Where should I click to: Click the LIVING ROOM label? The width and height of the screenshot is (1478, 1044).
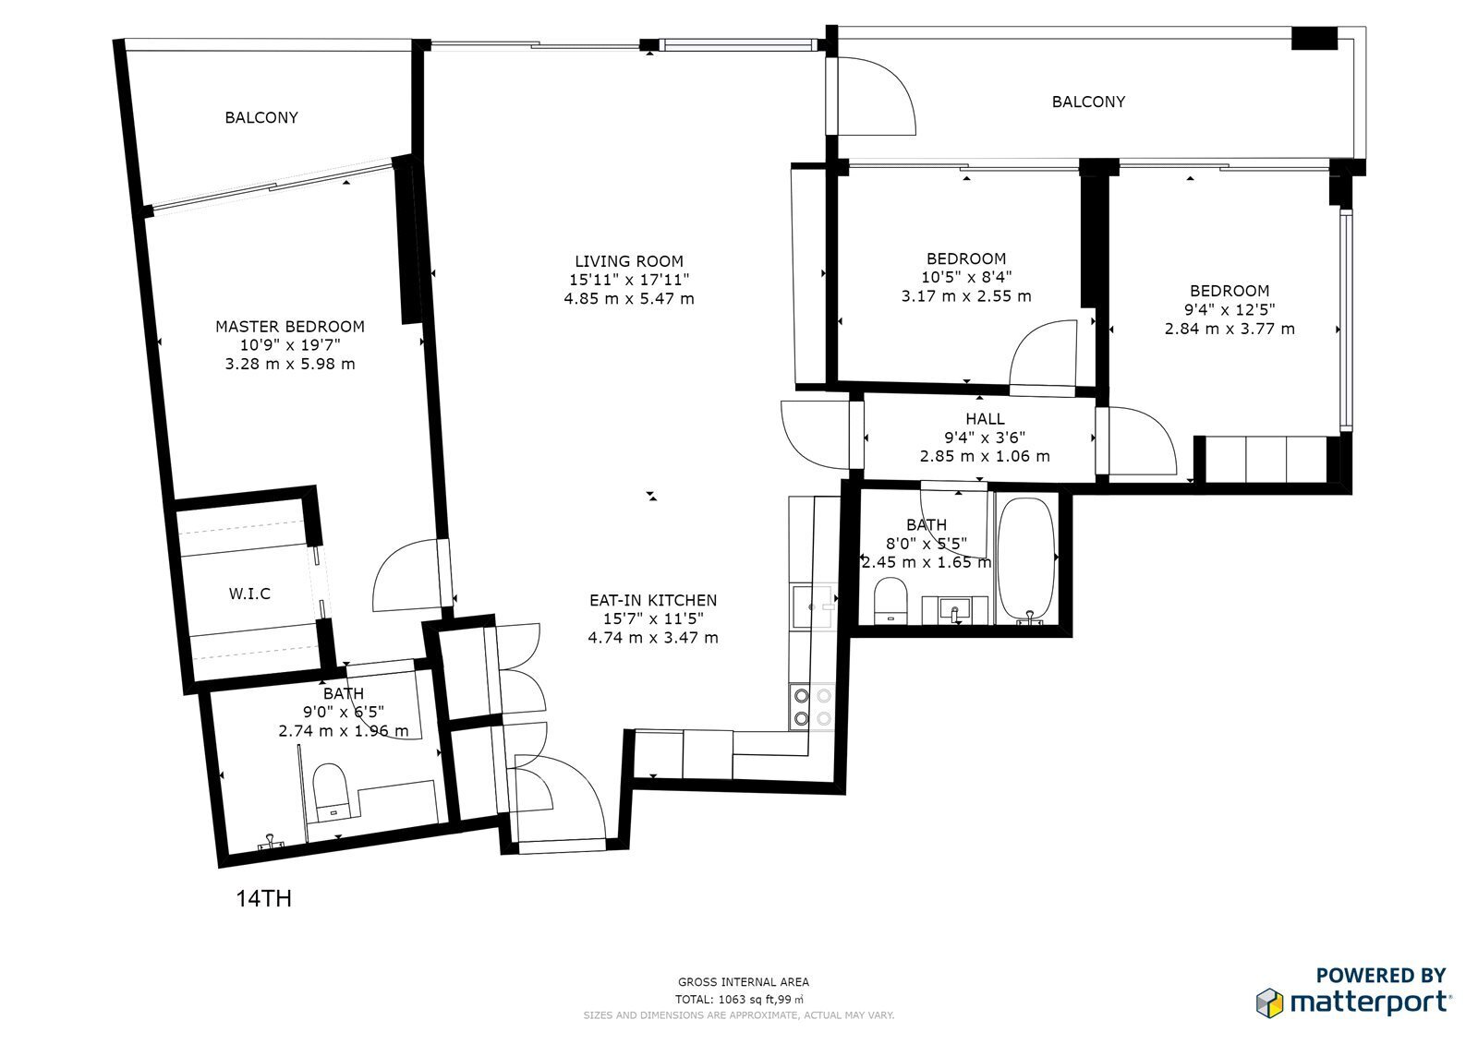[629, 261]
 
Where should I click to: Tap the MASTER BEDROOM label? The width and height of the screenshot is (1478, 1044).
[290, 327]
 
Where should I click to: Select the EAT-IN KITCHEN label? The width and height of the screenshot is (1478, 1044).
[652, 600]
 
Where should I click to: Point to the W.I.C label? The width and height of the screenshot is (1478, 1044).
[249, 594]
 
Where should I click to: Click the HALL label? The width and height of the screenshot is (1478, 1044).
[985, 419]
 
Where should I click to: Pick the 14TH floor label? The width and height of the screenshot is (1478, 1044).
[264, 899]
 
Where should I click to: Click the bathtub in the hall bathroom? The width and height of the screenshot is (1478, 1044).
[1025, 560]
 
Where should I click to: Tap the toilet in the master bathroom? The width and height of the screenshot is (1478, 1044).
[329, 791]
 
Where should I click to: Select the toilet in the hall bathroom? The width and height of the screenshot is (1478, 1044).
[890, 601]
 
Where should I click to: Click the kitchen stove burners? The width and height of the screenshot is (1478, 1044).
[812, 706]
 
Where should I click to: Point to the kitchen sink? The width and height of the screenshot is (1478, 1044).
[813, 606]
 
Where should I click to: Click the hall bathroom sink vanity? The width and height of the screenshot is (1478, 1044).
[954, 610]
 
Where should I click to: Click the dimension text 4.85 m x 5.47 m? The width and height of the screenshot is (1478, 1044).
[629, 299]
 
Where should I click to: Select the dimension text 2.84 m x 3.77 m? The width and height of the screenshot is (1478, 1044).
[1230, 329]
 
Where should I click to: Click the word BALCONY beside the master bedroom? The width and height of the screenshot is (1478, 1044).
[261, 117]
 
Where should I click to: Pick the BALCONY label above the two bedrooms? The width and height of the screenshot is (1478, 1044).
[1088, 102]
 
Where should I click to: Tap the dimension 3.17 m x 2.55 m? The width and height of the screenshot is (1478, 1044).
[966, 296]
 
